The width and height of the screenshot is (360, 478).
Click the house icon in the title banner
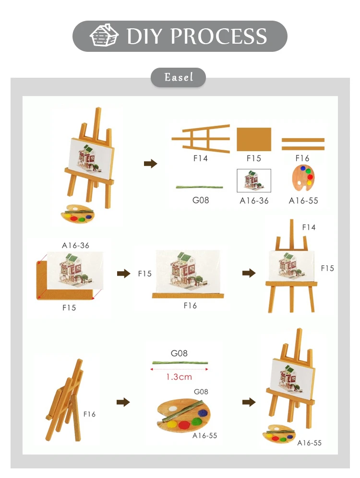[104, 36]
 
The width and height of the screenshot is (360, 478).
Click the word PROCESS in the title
[218, 36]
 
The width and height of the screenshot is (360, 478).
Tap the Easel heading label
[179, 77]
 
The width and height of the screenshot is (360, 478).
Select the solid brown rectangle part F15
[254, 139]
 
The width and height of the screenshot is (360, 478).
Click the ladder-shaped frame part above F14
[201, 139]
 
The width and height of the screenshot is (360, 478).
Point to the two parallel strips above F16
[303, 144]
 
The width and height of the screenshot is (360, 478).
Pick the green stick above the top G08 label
[199, 187]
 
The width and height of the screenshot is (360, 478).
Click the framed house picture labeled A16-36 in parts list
[254, 181]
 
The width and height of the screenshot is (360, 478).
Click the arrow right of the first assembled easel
[150, 164]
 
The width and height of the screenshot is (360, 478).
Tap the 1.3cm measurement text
[179, 377]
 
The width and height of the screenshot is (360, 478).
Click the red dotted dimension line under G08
[179, 369]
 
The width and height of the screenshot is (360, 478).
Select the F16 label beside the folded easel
[89, 414]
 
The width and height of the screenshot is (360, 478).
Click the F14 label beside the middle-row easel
[309, 227]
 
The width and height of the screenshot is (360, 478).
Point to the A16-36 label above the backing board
[75, 245]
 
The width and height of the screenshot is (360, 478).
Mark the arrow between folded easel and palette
[123, 402]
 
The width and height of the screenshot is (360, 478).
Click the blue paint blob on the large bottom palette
[203, 413]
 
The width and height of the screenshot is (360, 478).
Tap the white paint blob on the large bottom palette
[172, 408]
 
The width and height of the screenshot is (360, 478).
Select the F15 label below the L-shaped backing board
[69, 308]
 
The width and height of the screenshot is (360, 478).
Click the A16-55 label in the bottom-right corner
[310, 443]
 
